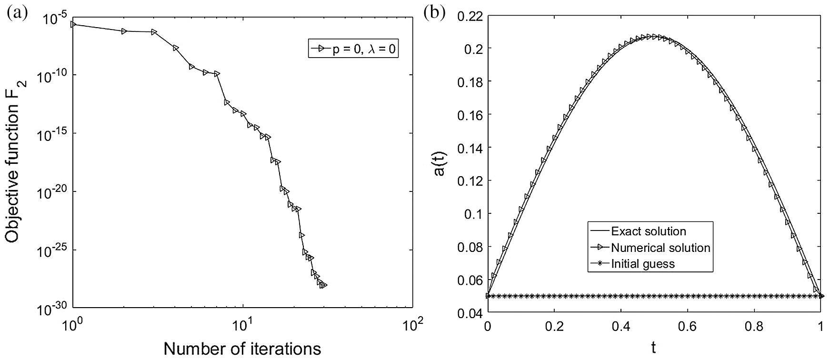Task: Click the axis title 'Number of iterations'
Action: tap(242, 349)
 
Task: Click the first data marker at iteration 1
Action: tap(73, 24)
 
